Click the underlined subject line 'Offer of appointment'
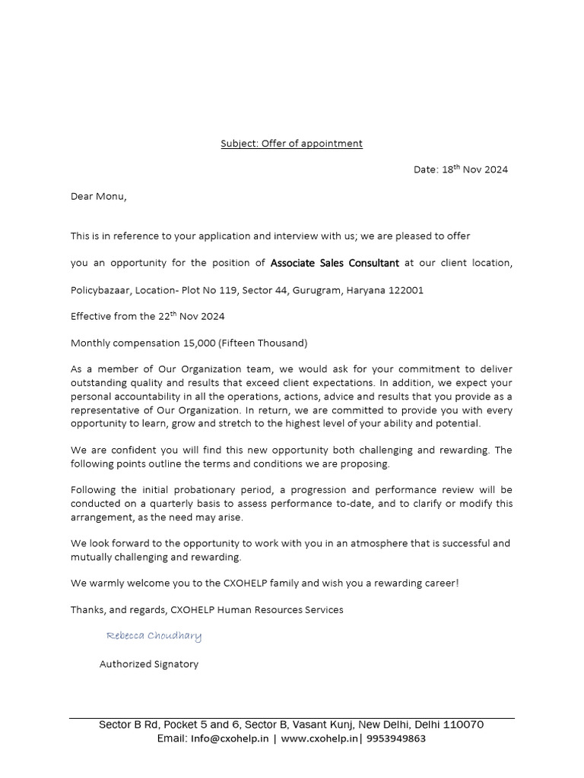291,144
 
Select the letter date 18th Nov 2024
474,169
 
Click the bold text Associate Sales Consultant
335,263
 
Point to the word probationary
200,491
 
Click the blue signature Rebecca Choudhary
154,636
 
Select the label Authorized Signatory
149,664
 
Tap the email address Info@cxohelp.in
230,738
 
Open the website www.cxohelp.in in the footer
319,738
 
